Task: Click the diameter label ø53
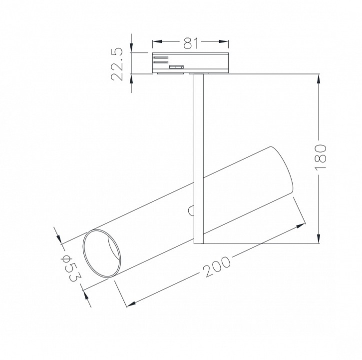(x=70, y=268)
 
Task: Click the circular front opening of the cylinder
(x=102, y=254)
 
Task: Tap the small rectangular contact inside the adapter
(x=176, y=66)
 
